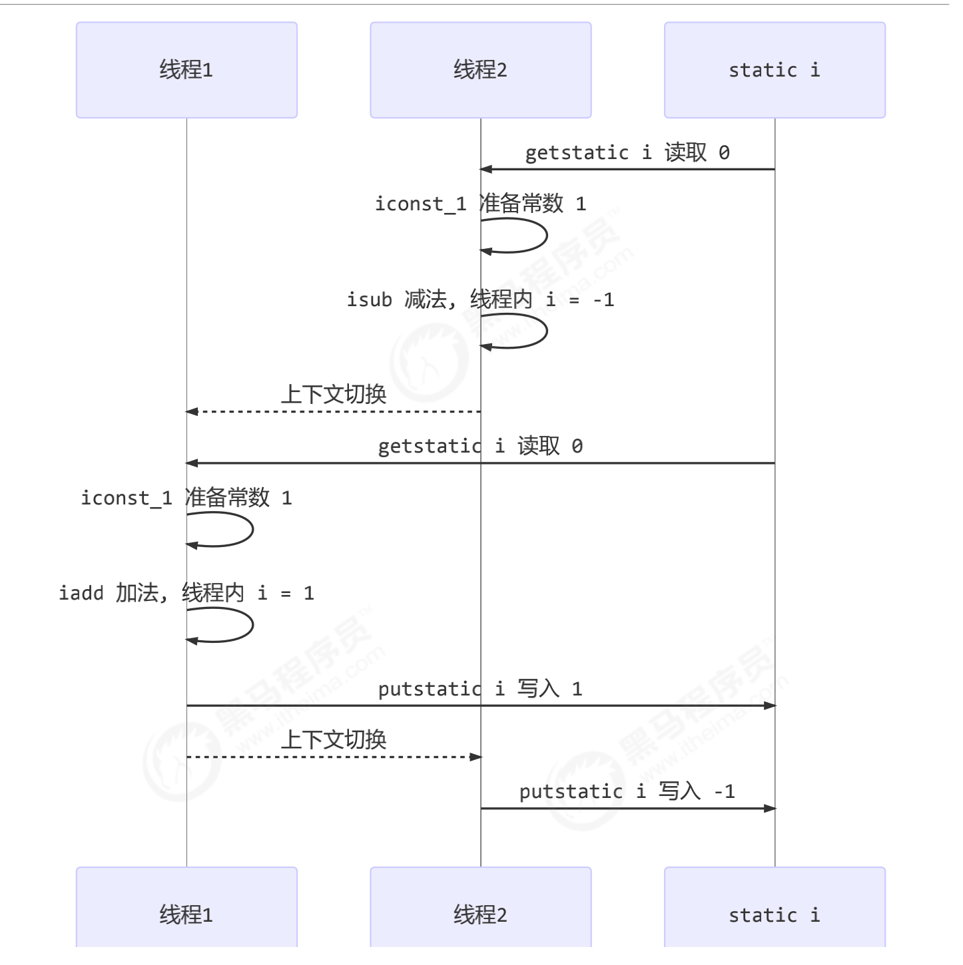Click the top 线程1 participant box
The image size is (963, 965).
(x=186, y=70)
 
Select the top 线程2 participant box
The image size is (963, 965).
(x=480, y=70)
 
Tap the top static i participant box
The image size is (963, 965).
(x=775, y=70)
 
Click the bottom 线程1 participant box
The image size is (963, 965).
(x=186, y=912)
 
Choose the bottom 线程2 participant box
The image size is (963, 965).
(x=480, y=912)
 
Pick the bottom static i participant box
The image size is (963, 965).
(x=775, y=912)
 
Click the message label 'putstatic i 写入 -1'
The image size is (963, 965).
(x=627, y=791)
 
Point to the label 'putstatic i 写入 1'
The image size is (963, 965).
(x=480, y=689)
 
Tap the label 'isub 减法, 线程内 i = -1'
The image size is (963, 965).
(x=480, y=299)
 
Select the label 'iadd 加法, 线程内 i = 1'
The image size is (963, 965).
(x=186, y=592)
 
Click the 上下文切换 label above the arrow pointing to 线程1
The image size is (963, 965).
(x=333, y=394)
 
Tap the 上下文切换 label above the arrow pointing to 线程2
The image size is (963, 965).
(x=333, y=739)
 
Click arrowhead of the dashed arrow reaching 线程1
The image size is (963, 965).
(x=192, y=412)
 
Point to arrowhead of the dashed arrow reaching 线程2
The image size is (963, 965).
(x=476, y=757)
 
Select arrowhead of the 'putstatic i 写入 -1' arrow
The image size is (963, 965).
(x=770, y=808)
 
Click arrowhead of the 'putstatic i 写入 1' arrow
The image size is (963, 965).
(x=770, y=705)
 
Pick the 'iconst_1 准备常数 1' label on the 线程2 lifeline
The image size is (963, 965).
(x=480, y=204)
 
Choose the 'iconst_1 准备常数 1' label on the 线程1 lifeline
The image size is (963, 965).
(x=186, y=498)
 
